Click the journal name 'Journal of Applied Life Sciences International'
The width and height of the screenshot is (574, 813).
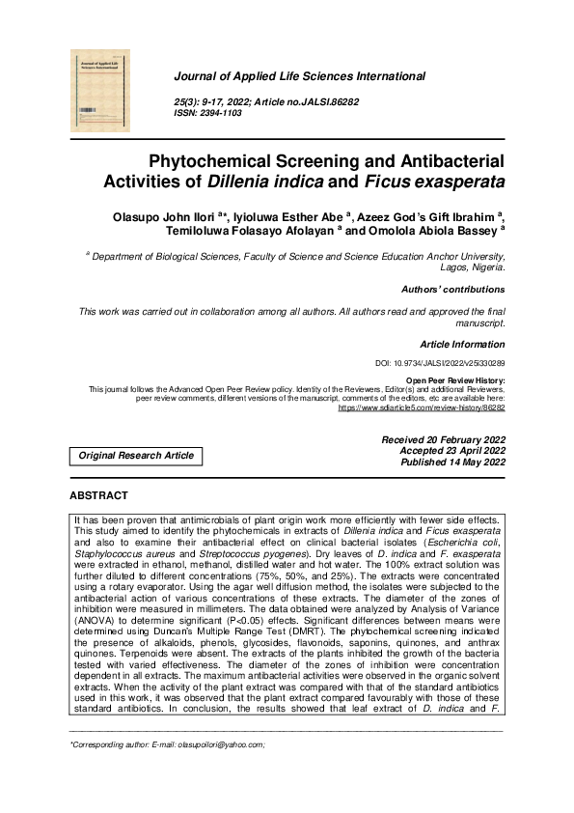tap(298, 76)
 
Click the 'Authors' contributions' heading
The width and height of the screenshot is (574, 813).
tap(452, 290)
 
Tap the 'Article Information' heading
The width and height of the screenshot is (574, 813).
tap(462, 344)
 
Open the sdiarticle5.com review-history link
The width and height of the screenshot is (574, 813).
tap(421, 407)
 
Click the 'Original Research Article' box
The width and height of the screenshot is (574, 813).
tap(136, 455)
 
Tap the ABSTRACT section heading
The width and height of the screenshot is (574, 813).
tap(98, 495)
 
